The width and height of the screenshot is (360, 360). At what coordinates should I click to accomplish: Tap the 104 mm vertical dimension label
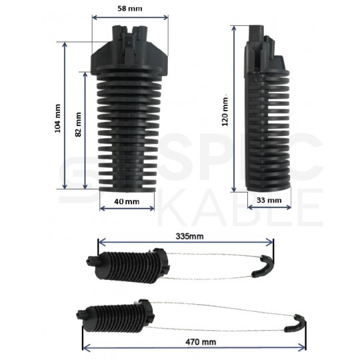(x=58, y=117)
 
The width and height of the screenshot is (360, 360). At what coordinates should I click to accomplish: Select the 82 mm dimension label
(x=79, y=124)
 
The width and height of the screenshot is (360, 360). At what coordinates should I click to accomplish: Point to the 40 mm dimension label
(x=127, y=201)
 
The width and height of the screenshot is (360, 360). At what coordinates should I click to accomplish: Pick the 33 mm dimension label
(x=269, y=200)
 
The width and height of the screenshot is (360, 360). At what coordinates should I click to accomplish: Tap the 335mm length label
(x=189, y=237)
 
